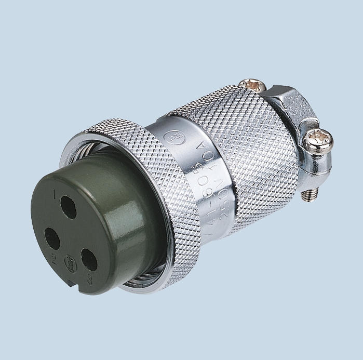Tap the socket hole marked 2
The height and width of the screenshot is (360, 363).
point(51,240)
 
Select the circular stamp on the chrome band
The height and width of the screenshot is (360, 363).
point(170,137)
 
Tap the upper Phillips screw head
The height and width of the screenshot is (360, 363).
point(252,83)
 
